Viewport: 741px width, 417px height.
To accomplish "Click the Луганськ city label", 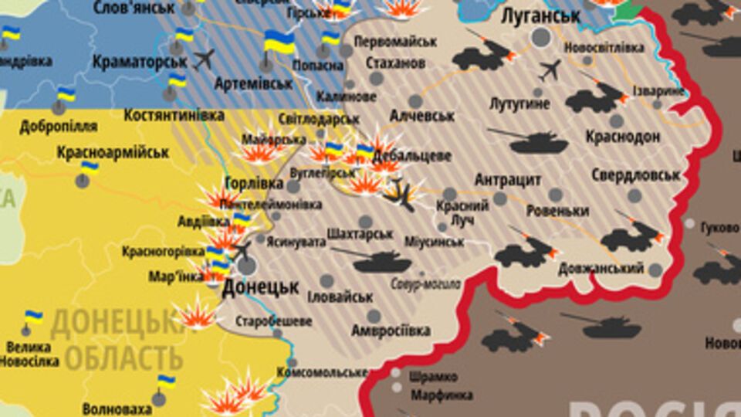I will (x=540, y=16).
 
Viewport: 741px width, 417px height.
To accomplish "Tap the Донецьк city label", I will (x=260, y=287).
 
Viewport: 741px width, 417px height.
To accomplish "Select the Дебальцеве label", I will (x=411, y=156).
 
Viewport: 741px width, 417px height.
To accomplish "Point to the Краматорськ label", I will (x=139, y=61).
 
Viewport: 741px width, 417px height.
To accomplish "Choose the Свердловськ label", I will (x=637, y=175).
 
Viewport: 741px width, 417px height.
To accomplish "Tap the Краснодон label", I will (x=622, y=137).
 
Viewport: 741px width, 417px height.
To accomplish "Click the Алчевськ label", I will (x=422, y=115).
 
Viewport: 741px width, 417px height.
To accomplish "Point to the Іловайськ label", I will (x=340, y=297).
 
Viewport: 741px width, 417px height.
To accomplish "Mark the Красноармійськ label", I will (x=113, y=152).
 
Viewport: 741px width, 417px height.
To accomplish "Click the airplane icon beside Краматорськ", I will (x=204, y=59).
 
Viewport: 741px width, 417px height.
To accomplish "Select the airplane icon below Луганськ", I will (x=550, y=70).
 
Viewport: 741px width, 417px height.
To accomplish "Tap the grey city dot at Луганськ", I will (x=542, y=36).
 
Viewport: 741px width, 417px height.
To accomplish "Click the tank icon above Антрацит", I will (x=529, y=141).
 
